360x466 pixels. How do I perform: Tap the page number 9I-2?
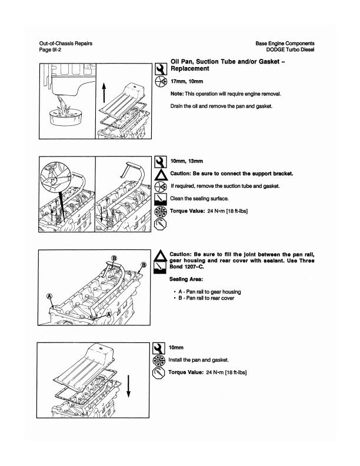50,50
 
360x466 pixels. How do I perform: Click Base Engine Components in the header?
285,44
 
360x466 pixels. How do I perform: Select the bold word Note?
178,94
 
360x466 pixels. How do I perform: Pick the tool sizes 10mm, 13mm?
186,161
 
